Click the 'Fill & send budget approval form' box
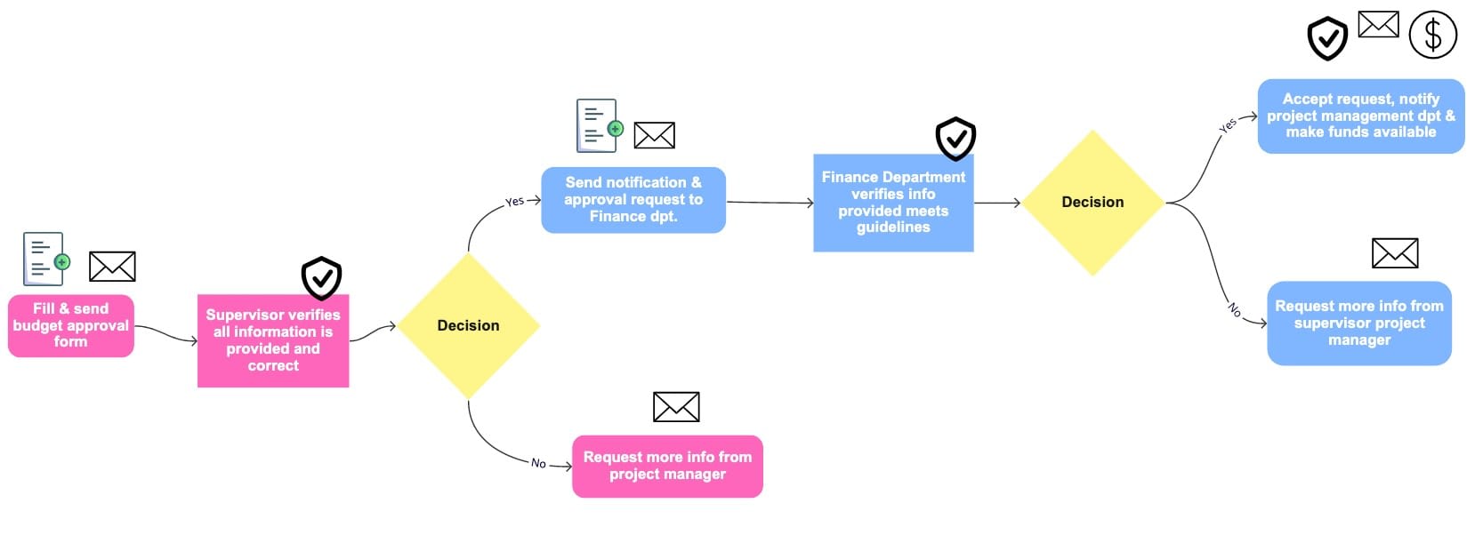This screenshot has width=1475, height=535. click(71, 325)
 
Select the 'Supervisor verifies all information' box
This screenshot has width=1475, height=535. click(273, 340)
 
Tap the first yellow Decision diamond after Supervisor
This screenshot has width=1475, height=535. click(468, 325)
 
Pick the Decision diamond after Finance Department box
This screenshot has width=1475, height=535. click(1092, 202)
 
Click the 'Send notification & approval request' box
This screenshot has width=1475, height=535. click(633, 200)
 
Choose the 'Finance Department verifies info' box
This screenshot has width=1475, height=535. click(893, 203)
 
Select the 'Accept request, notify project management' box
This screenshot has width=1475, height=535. click(1360, 116)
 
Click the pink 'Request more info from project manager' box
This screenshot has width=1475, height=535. click(667, 466)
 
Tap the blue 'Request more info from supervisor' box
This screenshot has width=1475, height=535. click(1358, 323)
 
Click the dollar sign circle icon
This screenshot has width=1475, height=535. click(1432, 35)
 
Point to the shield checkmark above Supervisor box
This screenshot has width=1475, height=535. click(321, 278)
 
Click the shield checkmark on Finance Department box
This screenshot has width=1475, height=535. click(955, 138)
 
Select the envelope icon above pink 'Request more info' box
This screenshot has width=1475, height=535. click(676, 407)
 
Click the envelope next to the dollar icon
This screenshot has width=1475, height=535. click(1378, 25)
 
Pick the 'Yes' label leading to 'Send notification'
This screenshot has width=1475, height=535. click(514, 202)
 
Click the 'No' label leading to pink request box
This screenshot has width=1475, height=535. click(538, 463)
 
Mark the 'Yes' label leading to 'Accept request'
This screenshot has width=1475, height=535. click(1228, 126)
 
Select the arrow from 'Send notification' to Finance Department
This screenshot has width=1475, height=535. click(770, 203)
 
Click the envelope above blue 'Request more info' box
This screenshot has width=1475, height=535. click(1394, 253)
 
